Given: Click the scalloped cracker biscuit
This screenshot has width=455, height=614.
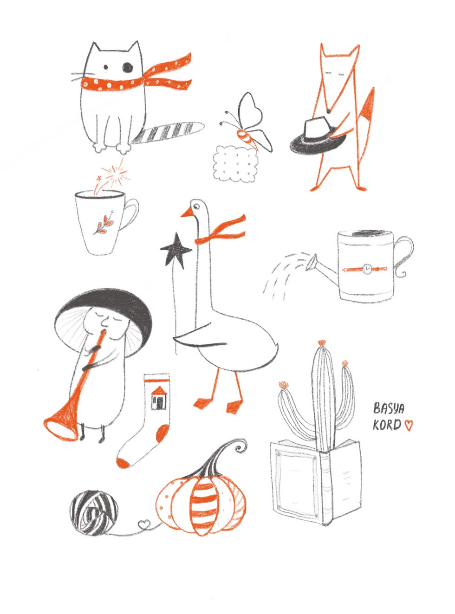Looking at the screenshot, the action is (x=237, y=164).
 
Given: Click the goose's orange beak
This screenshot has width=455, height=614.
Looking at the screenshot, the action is (x=187, y=213).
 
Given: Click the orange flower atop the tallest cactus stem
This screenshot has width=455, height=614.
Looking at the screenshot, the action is (x=322, y=342).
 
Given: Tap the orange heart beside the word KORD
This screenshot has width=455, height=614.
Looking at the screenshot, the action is (x=409, y=425).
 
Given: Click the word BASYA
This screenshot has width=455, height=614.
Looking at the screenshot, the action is (x=388, y=408).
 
